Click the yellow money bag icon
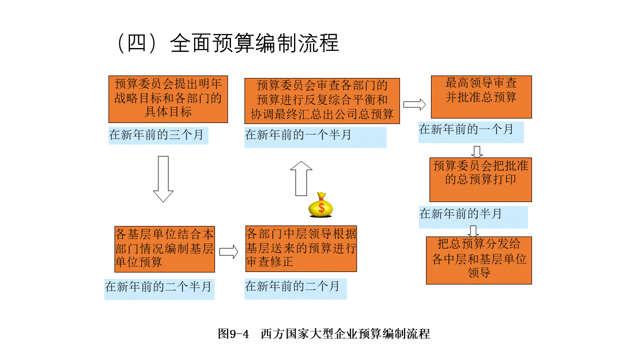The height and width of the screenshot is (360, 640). (320, 205)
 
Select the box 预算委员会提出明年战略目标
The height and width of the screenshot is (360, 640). (168, 98)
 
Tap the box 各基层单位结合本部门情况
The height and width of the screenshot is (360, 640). (164, 248)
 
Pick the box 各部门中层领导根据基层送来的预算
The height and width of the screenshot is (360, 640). (301, 248)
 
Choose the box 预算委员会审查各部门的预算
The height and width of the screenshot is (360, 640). (322, 100)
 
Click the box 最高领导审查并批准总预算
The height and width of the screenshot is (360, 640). (481, 96)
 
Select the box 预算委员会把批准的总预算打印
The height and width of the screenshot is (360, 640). (480, 179)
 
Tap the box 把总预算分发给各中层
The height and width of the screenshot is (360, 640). (478, 260)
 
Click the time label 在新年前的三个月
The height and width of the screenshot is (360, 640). (158, 135)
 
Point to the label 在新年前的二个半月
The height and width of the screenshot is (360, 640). (159, 287)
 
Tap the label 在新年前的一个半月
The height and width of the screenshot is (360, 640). (315, 135)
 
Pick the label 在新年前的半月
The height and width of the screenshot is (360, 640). (472, 215)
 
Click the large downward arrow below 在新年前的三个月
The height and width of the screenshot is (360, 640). (163, 179)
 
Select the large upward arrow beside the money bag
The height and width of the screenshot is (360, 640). (301, 178)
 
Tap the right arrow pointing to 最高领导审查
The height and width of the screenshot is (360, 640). (414, 104)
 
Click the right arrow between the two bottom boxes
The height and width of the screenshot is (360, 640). (229, 252)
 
